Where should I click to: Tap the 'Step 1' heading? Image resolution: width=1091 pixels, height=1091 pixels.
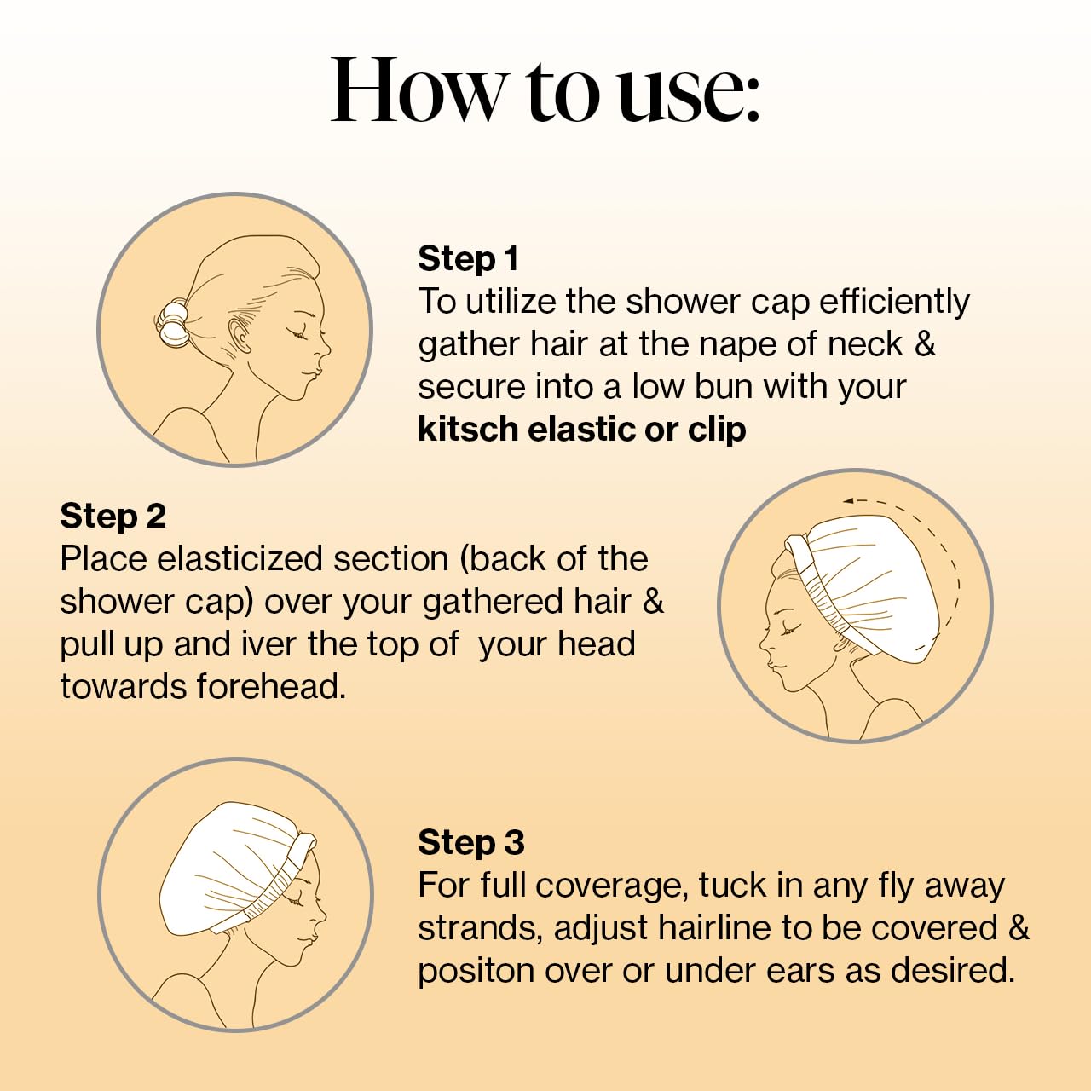468,258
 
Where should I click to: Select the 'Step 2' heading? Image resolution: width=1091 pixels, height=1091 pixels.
113,516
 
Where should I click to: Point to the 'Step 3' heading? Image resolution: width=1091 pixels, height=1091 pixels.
470,842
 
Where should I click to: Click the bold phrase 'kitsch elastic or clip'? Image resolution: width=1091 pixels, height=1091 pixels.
581,430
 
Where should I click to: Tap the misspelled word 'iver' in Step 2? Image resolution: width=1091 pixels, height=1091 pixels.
258,644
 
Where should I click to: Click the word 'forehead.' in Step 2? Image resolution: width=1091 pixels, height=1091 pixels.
271,687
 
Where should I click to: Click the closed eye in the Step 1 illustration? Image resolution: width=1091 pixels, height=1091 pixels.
299,334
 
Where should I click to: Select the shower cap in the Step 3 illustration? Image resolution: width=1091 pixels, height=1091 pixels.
230,861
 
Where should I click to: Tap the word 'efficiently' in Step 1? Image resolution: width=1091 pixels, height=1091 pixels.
894,302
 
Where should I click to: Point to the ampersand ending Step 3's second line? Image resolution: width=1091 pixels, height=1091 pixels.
1019,928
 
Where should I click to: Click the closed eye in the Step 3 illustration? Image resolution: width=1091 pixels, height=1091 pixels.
296,900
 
